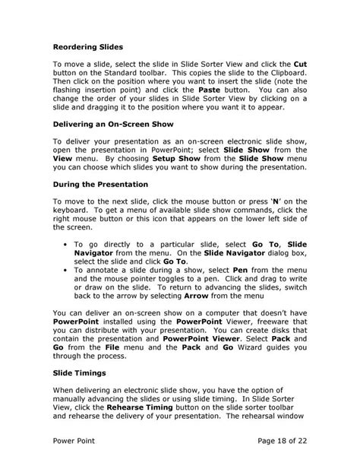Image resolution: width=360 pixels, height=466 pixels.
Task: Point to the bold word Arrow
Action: (188, 302)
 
